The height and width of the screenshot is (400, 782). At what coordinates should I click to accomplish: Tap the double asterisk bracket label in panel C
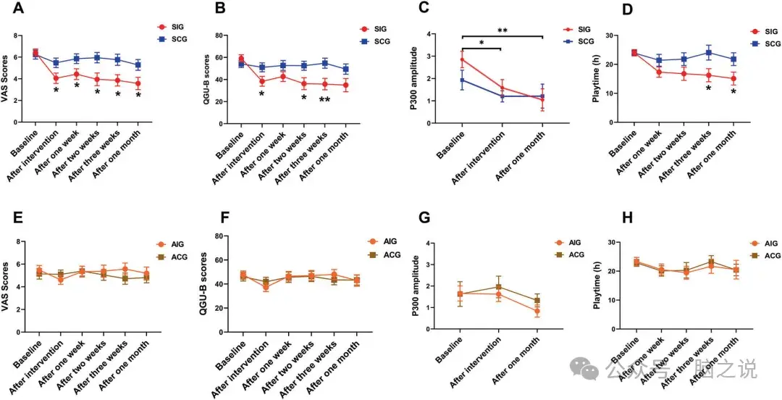pyautogui.click(x=503, y=30)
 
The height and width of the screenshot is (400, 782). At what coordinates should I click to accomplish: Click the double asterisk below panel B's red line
pyautogui.click(x=325, y=100)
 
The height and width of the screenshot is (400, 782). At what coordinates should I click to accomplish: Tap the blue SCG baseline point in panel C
pyautogui.click(x=462, y=80)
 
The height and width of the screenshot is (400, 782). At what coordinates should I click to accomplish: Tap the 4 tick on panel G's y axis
pyautogui.click(x=429, y=243)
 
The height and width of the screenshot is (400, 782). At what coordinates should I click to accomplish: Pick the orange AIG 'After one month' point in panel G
pyautogui.click(x=538, y=312)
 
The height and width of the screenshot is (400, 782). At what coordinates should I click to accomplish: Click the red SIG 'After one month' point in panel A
pyautogui.click(x=138, y=83)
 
